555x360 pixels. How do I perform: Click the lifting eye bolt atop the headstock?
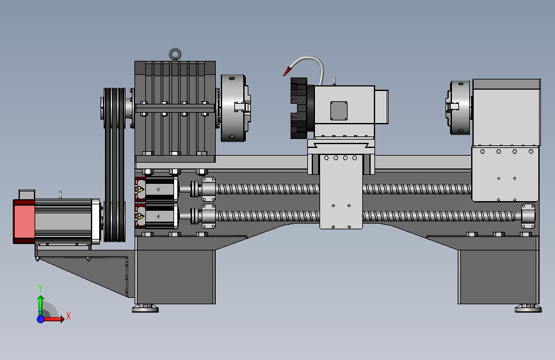point(175,54)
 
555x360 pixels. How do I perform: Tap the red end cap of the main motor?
point(24,222)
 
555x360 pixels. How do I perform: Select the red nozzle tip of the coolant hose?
point(287,72)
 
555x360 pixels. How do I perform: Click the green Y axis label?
point(40,288)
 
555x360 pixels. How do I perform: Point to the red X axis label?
point(68,316)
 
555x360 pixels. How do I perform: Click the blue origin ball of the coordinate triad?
point(40,319)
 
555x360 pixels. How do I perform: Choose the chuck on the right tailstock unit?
point(459,108)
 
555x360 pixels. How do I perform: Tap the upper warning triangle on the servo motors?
point(141,190)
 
